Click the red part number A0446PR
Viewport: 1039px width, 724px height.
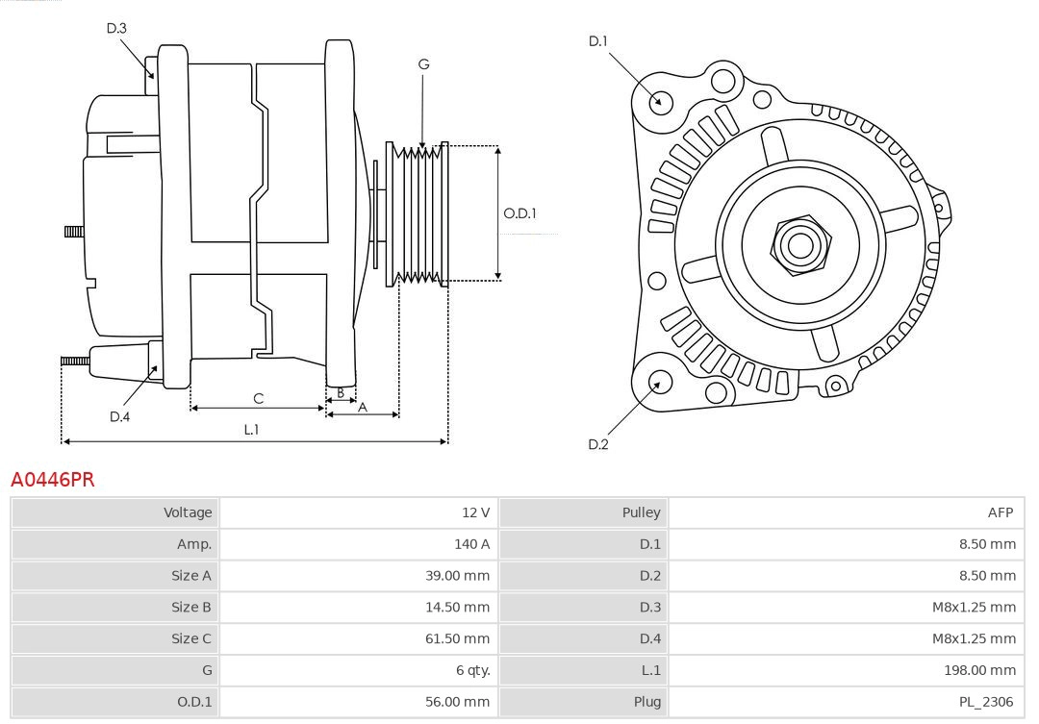53,479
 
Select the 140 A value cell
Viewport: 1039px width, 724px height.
471,544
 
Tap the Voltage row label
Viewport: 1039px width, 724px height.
187,512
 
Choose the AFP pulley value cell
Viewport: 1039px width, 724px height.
1000,512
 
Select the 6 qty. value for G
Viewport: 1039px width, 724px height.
469,670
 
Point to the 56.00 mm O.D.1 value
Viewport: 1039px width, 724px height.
457,702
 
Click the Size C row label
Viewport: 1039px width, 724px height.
190,638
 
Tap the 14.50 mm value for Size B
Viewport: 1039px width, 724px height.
457,607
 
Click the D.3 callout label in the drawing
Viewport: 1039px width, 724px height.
116,28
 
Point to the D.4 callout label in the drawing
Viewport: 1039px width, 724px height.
119,416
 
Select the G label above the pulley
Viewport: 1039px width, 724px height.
423,64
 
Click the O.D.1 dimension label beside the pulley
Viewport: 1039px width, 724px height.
519,213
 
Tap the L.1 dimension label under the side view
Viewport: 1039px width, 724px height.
251,430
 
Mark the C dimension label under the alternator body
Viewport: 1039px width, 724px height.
258,398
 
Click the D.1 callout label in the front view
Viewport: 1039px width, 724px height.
598,40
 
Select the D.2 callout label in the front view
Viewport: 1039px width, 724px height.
598,444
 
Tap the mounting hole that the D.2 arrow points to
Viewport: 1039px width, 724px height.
659,383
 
